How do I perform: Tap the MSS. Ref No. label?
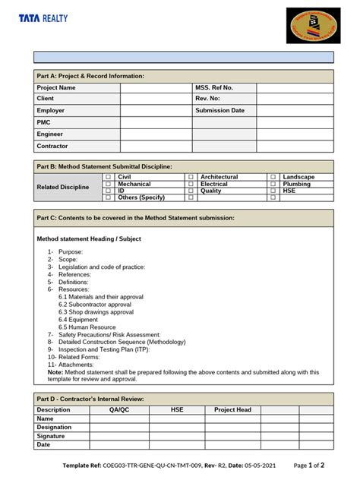click(x=213, y=87)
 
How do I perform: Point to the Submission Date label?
click(x=219, y=110)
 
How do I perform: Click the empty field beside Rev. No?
click(x=295, y=99)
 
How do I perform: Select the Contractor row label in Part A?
click(x=52, y=146)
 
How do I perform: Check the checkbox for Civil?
click(x=108, y=177)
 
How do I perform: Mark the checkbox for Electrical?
click(x=191, y=184)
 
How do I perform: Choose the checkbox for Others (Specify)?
click(x=108, y=197)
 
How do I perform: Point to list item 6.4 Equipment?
click(x=77, y=319)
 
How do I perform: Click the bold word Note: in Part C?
click(x=55, y=372)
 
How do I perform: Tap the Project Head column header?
click(x=232, y=409)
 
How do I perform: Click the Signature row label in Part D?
click(x=51, y=436)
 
